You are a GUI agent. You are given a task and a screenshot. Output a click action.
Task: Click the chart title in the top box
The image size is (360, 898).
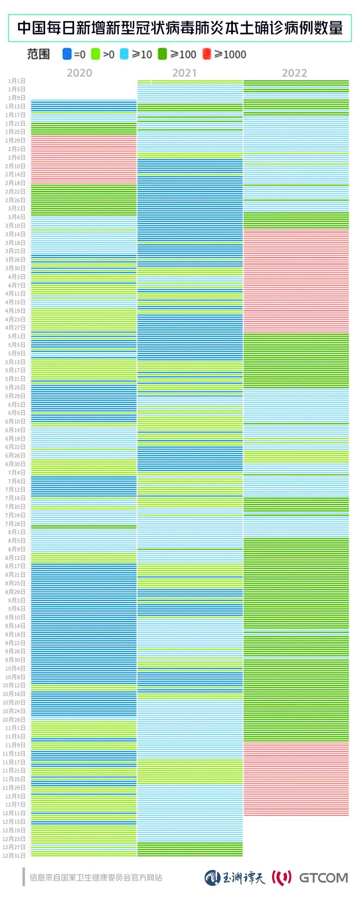coord(180,28)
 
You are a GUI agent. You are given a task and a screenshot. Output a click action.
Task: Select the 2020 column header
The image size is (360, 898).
coord(79,73)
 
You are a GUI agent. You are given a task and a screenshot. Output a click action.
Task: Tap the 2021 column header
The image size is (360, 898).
coord(184,73)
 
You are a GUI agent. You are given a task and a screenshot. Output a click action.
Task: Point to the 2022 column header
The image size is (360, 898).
coord(294,73)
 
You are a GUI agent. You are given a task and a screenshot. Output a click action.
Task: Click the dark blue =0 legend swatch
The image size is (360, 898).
coord(67,54)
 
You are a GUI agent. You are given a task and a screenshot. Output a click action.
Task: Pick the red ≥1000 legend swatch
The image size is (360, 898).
coord(207,54)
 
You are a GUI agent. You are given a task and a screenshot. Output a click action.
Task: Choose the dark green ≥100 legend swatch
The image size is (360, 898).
coord(162,54)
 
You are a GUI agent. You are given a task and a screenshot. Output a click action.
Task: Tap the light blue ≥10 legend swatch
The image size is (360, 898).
coord(124,54)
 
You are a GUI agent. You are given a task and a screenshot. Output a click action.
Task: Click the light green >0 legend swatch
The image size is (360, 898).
coord(95,54)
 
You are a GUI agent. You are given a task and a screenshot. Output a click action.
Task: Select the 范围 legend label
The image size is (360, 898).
coord(38,54)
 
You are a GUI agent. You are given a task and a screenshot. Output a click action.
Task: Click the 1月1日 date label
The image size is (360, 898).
coord(17,81)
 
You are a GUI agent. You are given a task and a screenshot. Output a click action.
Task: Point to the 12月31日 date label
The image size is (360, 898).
coord(14,855)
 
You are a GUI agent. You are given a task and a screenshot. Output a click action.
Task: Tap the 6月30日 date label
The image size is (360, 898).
coord(15,464)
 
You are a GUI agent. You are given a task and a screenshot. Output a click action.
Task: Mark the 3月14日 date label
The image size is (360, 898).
coord(15,234)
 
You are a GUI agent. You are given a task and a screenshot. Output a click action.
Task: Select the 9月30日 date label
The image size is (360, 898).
coord(15,660)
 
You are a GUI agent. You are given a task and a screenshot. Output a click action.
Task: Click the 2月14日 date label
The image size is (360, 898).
coord(15,174)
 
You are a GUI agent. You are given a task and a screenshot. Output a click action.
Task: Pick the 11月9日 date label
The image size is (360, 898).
coord(15,745)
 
